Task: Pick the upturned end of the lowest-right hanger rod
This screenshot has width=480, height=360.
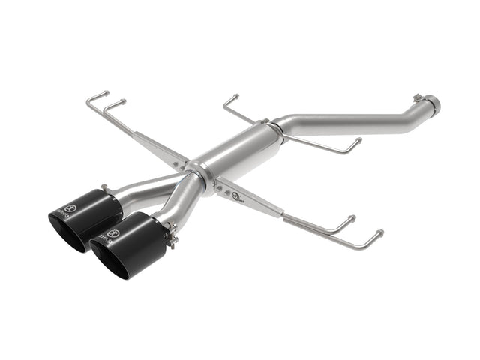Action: [x=379, y=233]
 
